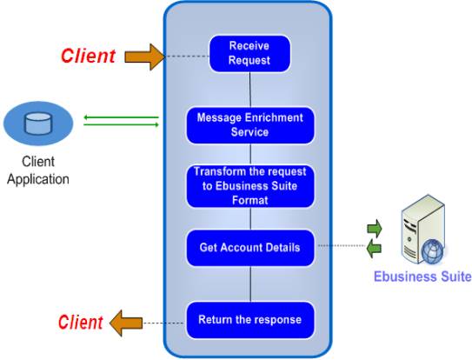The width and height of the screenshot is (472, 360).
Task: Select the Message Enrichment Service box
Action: tap(250, 124)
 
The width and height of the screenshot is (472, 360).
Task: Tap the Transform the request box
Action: tap(250, 185)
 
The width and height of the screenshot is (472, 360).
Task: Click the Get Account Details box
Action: tap(250, 248)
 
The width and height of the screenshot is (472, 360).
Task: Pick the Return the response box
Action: tap(250, 319)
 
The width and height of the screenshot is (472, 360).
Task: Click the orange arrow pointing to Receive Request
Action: tap(143, 57)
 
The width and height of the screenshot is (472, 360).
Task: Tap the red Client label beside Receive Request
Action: tap(88, 57)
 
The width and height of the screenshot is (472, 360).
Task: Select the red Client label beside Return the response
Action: tap(81, 322)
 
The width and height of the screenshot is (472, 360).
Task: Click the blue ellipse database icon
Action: tap(38, 123)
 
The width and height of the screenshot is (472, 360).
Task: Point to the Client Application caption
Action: tap(37, 170)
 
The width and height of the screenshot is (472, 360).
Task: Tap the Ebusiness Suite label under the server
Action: tap(422, 277)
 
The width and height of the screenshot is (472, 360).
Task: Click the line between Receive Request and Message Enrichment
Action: tap(250, 89)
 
